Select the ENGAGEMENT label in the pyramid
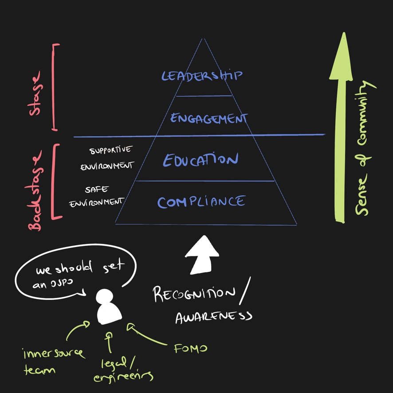coord(208,118)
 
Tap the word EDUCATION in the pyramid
coord(200,160)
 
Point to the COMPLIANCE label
coord(200,202)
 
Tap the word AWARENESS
coord(213,316)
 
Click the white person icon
coord(109,307)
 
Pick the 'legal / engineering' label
coord(122,370)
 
